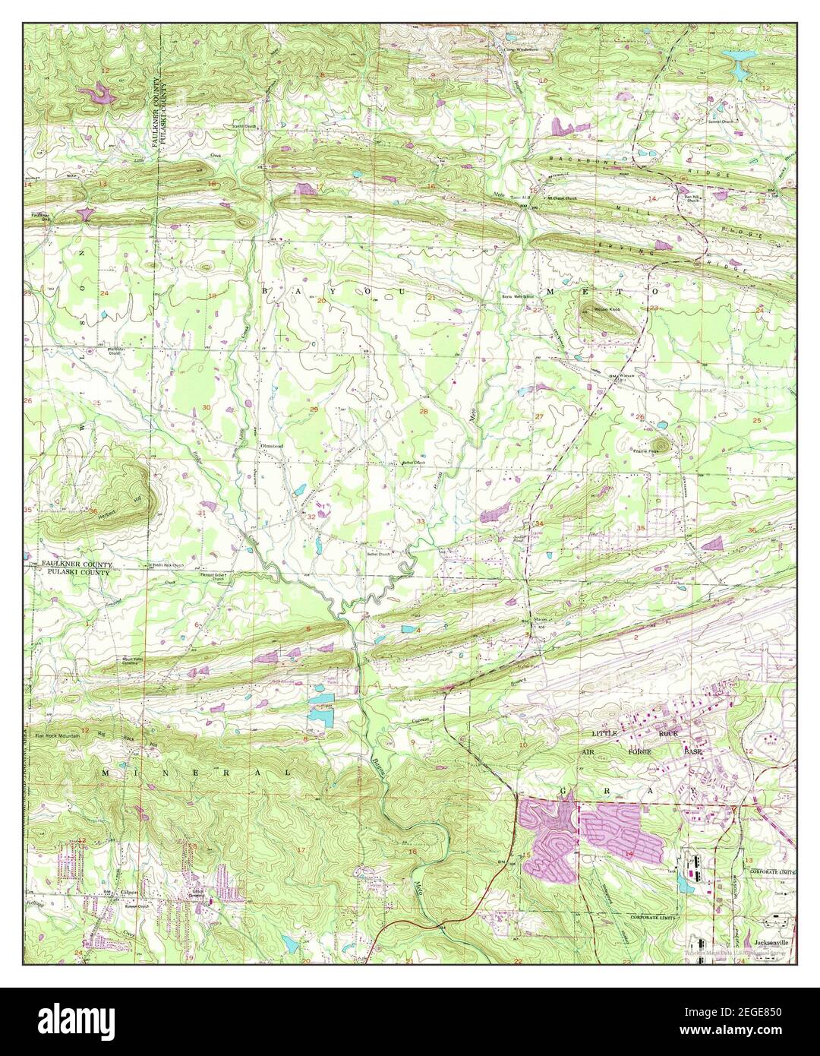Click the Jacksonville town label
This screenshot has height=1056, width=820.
tap(768, 940)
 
